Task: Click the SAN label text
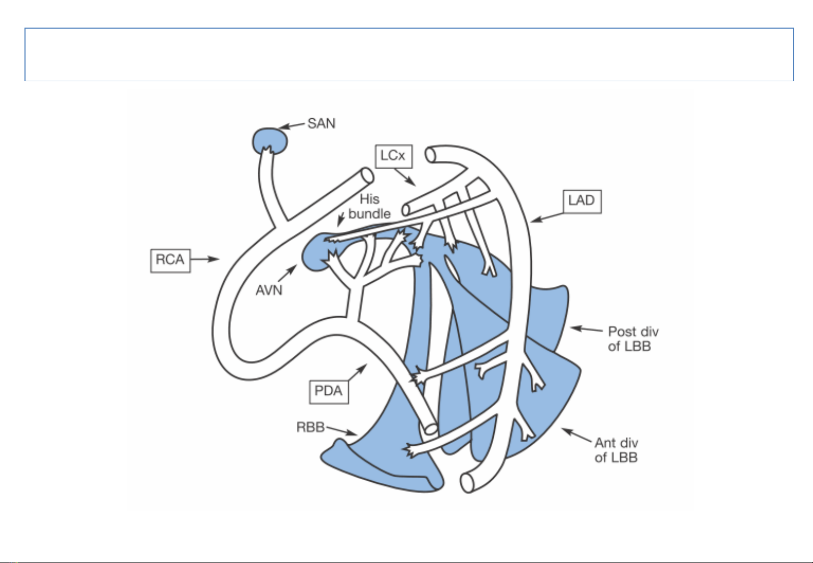click(x=321, y=123)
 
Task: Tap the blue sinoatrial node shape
click(x=270, y=141)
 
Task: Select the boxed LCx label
click(x=394, y=156)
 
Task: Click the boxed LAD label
click(x=582, y=202)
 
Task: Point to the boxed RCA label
click(x=170, y=260)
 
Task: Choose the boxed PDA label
click(x=329, y=392)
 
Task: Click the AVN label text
click(x=269, y=291)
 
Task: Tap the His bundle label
click(x=369, y=206)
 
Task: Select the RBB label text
click(x=310, y=427)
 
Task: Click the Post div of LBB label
click(x=633, y=339)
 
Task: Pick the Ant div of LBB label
click(x=616, y=450)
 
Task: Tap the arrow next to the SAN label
click(x=292, y=126)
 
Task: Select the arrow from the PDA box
click(x=357, y=372)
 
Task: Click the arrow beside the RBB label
click(x=341, y=431)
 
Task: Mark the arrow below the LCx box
click(x=405, y=177)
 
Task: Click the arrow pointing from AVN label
click(x=288, y=273)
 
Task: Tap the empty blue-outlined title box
click(x=409, y=55)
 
